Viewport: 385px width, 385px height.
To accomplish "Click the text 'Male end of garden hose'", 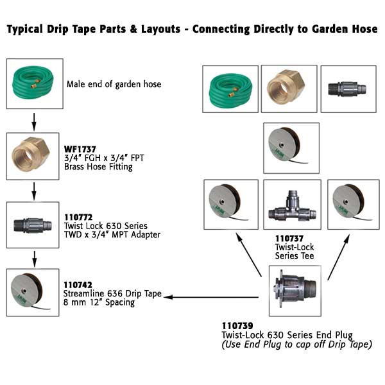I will click(114, 84).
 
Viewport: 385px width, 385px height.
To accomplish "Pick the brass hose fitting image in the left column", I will click(33, 156).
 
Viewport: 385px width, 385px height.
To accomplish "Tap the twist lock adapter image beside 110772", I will click(33, 225).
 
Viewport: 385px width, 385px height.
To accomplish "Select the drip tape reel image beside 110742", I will click(33, 292).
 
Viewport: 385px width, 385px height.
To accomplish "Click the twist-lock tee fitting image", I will click(291, 205).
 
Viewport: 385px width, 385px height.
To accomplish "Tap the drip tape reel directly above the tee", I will click(291, 148).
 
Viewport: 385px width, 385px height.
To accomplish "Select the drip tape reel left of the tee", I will click(231, 204).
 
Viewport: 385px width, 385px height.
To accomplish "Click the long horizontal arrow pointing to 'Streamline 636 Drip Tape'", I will click(215, 297).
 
